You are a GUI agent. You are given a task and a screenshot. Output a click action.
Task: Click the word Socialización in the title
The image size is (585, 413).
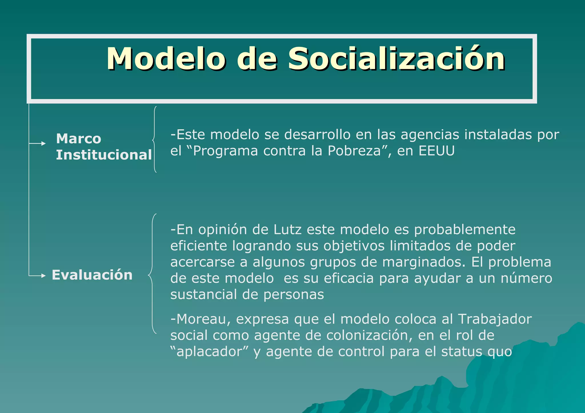396,59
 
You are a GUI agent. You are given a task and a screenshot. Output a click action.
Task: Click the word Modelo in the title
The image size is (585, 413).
166,59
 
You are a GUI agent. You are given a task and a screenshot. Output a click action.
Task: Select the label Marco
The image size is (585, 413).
79,139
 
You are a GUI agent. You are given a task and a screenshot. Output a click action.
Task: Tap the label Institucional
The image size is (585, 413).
104,155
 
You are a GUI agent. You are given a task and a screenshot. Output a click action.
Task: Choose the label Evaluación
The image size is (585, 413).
92,275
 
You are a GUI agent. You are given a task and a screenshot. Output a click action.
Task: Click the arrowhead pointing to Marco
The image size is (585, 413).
43,143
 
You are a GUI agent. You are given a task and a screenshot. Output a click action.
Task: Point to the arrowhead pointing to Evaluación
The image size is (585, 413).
43,276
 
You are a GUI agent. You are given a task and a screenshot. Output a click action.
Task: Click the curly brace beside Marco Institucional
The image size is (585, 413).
154,139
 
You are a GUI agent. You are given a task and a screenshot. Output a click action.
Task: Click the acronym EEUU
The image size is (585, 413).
436,151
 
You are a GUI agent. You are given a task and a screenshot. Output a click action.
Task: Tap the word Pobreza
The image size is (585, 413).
354,151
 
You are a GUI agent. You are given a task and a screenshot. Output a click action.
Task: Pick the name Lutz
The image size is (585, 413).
287,230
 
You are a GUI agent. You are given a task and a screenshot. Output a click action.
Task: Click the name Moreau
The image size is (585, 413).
200,319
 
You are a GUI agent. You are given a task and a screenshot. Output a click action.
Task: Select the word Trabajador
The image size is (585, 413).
495,319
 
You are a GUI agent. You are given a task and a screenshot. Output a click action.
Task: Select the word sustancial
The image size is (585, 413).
204,295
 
